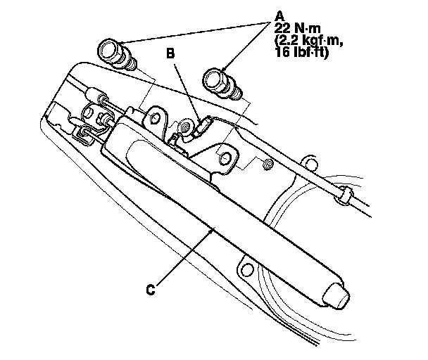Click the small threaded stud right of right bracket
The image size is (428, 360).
point(268,165)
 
